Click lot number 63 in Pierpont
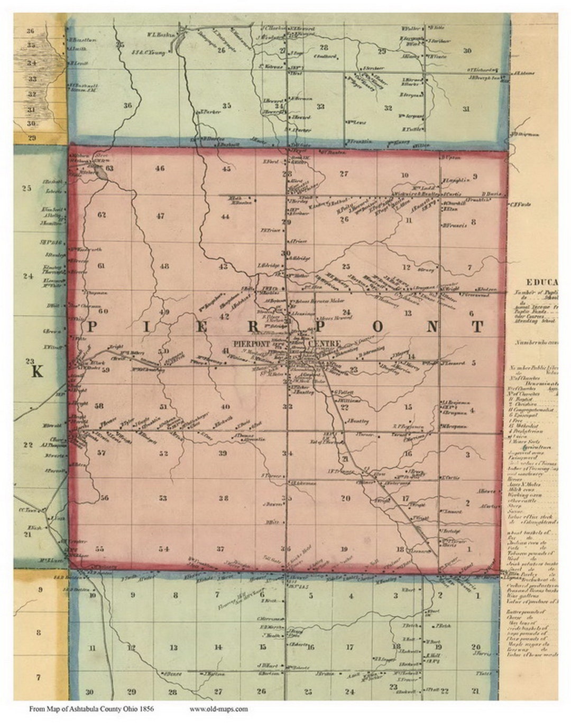pos(109,169)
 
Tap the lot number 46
pos(160,169)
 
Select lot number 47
pos(160,216)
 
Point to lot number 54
pos(164,549)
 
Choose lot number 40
pos(226,406)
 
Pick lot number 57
pos(102,453)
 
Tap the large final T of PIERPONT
pos(477,327)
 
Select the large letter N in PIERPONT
pos(432,327)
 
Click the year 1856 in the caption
pos(145,709)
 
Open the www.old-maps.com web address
pos(218,709)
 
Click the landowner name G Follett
pos(342,392)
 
